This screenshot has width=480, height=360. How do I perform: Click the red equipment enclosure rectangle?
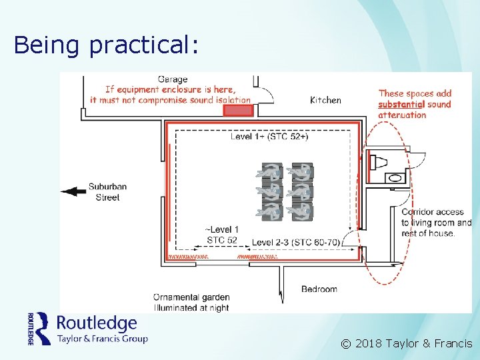(238, 110)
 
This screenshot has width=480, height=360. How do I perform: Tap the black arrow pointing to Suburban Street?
(73, 192)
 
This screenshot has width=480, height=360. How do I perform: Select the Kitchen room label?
(325, 100)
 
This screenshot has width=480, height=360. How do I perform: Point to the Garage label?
(173, 79)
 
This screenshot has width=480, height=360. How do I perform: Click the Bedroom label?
(319, 289)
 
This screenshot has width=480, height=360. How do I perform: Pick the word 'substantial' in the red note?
(401, 104)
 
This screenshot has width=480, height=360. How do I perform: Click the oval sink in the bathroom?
(395, 178)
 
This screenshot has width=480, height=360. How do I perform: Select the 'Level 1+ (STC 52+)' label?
(269, 137)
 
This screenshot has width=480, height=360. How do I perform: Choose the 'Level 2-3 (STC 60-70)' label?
(297, 241)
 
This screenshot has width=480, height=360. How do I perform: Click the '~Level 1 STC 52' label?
(222, 235)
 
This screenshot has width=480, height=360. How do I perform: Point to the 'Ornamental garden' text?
(191, 297)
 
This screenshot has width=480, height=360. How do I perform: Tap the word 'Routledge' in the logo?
(97, 323)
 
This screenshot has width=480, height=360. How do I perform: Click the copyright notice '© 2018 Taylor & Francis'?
(407, 344)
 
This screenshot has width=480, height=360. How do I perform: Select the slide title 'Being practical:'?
(106, 45)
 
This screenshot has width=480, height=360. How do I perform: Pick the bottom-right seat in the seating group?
(302, 212)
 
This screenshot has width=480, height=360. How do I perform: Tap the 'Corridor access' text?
(432, 212)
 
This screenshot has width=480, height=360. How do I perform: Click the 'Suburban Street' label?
(107, 192)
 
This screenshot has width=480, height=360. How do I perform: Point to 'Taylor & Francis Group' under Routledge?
(102, 338)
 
